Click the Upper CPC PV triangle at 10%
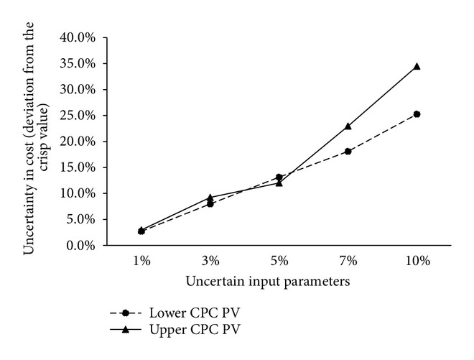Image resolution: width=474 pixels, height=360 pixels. coord(417,66)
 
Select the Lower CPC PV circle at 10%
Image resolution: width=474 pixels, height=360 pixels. coord(417,114)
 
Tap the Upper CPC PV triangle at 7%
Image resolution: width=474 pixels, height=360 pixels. coord(348,126)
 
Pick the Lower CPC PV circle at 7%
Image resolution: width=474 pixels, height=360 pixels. coord(348,151)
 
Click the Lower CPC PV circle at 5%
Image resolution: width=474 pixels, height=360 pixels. coord(279,177)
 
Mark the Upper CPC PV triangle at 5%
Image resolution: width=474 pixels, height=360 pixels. coord(279,183)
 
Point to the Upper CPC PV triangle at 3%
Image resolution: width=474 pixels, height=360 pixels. coord(210,197)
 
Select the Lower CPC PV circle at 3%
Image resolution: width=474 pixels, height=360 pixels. coord(210,203)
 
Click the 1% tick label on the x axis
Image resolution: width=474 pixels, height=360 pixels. coord(141,262)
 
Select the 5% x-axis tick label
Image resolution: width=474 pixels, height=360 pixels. coord(279,262)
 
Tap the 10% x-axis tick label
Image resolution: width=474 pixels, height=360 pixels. coord(417,262)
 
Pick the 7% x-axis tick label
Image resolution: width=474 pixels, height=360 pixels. coord(348,262)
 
